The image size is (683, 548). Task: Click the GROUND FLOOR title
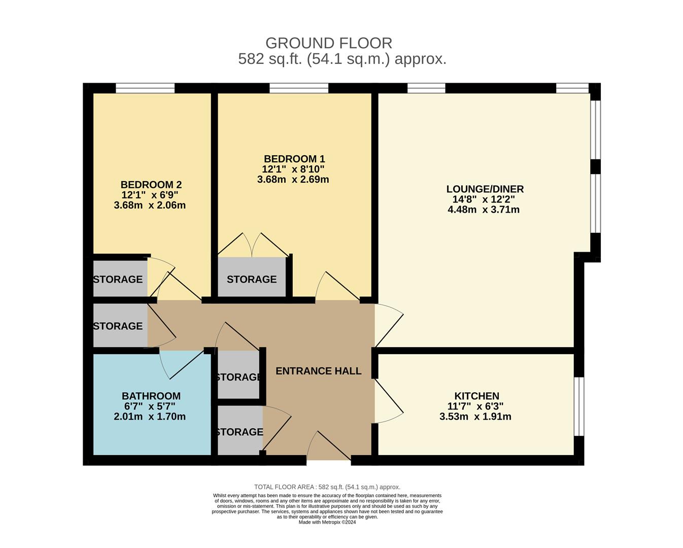(329, 43)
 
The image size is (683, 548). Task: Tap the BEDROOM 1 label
(294, 159)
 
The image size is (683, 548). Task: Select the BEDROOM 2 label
(151, 185)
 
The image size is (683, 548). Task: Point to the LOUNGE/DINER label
(485, 189)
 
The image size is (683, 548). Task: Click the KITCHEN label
(476, 396)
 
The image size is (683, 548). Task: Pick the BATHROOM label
(151, 396)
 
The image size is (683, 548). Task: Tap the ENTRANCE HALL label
(318, 371)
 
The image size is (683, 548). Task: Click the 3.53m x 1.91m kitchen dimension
(475, 417)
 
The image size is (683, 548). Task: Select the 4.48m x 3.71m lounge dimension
(484, 210)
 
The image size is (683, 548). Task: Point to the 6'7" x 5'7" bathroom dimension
(150, 406)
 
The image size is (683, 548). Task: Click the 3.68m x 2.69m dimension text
(293, 180)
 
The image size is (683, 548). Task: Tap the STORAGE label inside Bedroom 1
(252, 279)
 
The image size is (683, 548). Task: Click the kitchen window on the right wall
(579, 406)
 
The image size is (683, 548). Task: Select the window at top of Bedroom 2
(145, 88)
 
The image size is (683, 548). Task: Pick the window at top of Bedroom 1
(299, 88)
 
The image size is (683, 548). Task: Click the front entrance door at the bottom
(329, 446)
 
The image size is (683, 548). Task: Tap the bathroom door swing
(181, 365)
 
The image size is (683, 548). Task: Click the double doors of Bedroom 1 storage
(252, 245)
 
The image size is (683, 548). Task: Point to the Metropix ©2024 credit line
(327, 522)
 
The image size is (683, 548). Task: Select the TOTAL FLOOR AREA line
(327, 487)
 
